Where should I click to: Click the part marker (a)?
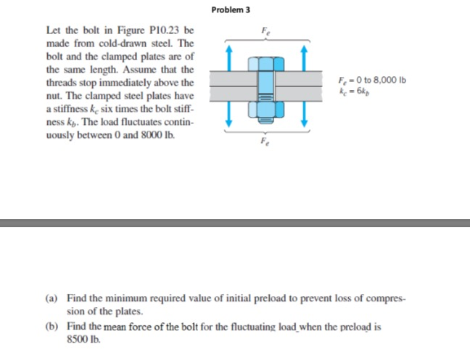tap(52, 298)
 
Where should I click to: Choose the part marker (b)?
tap(52, 327)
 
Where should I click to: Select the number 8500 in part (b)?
tap(76, 338)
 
